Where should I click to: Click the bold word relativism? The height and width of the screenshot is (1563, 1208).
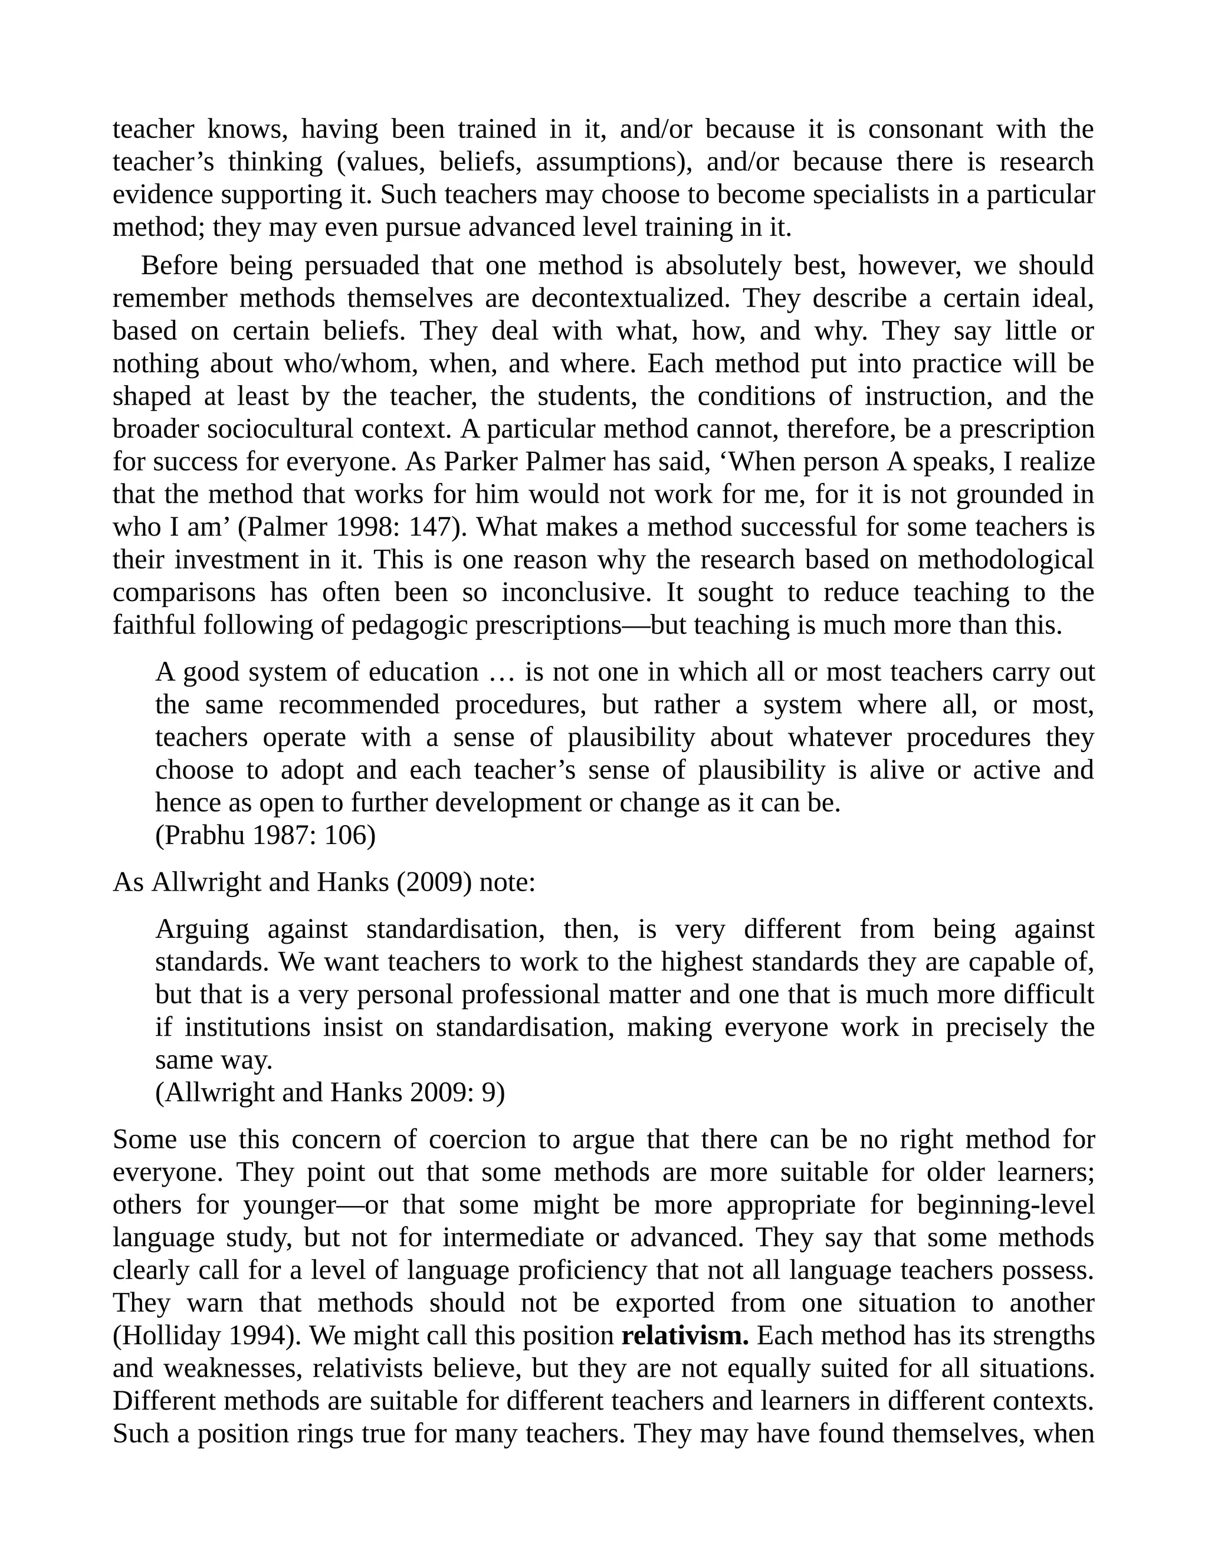(x=685, y=1336)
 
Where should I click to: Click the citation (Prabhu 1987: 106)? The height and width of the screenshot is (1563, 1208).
(x=265, y=835)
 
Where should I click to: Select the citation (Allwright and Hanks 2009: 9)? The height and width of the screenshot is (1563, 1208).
(x=330, y=1093)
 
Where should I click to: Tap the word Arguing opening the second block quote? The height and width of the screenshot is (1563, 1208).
(x=202, y=930)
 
